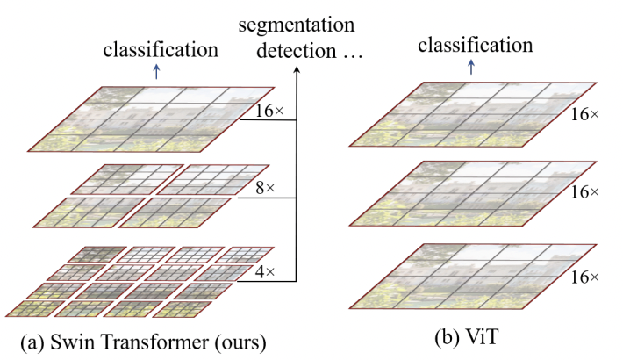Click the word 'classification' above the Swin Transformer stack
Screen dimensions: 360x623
tap(161, 49)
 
